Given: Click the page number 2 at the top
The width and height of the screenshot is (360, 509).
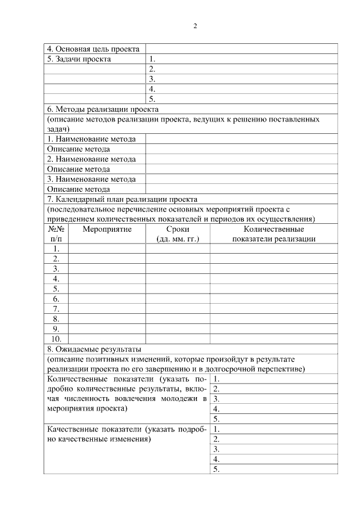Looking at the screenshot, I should point(195,26).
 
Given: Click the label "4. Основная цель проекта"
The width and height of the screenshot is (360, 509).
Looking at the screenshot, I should point(93,49).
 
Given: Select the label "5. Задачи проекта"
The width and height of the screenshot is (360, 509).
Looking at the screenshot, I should point(79,59).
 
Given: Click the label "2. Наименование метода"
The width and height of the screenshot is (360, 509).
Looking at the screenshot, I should point(91,159).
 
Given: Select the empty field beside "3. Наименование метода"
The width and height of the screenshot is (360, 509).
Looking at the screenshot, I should point(241,179).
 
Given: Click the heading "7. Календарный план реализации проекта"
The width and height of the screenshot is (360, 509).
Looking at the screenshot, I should point(121,199).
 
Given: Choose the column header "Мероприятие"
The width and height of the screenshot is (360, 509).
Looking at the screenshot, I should point(107,229).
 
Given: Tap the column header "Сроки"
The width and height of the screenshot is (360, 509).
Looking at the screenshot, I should point(178,229).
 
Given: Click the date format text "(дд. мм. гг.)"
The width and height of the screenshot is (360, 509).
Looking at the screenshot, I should point(178,238).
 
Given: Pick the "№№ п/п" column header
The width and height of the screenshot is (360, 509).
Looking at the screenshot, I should point(56,233).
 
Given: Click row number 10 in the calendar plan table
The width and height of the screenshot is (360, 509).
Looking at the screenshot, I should point(56,339).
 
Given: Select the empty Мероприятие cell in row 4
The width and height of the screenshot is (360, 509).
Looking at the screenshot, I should point(107,278).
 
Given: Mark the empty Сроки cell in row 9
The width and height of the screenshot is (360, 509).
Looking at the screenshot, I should point(178,328).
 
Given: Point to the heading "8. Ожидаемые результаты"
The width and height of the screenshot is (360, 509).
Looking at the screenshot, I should point(94,349).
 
